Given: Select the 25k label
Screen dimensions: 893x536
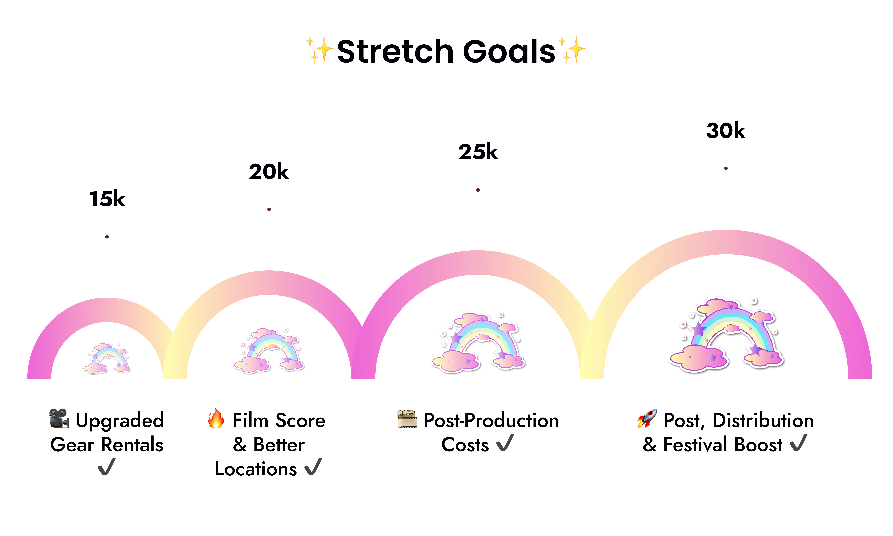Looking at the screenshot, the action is point(478,152).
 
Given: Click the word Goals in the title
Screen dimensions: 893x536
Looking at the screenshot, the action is point(509,51).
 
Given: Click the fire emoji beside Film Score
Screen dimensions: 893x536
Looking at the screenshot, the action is point(216,419).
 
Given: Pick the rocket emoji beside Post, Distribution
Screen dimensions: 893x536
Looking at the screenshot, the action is point(647,419).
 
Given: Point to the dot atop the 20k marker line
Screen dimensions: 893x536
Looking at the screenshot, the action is point(269,209).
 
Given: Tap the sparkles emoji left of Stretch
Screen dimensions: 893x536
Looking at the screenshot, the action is point(320,49).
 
